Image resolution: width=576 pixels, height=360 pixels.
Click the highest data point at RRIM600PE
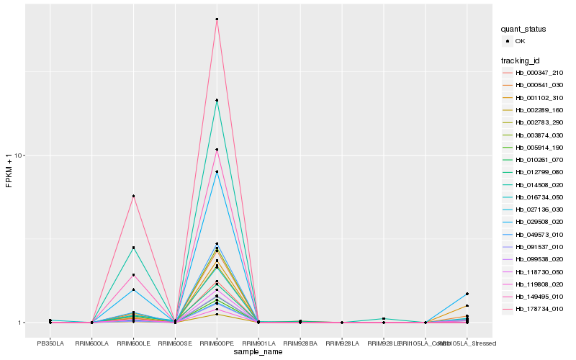point(217,19)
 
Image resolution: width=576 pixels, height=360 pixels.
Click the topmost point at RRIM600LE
point(133,196)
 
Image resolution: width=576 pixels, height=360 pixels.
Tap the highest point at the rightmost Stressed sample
point(467,294)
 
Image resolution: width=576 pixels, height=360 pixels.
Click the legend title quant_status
point(523,30)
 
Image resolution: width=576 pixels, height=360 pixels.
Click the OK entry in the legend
point(529,41)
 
